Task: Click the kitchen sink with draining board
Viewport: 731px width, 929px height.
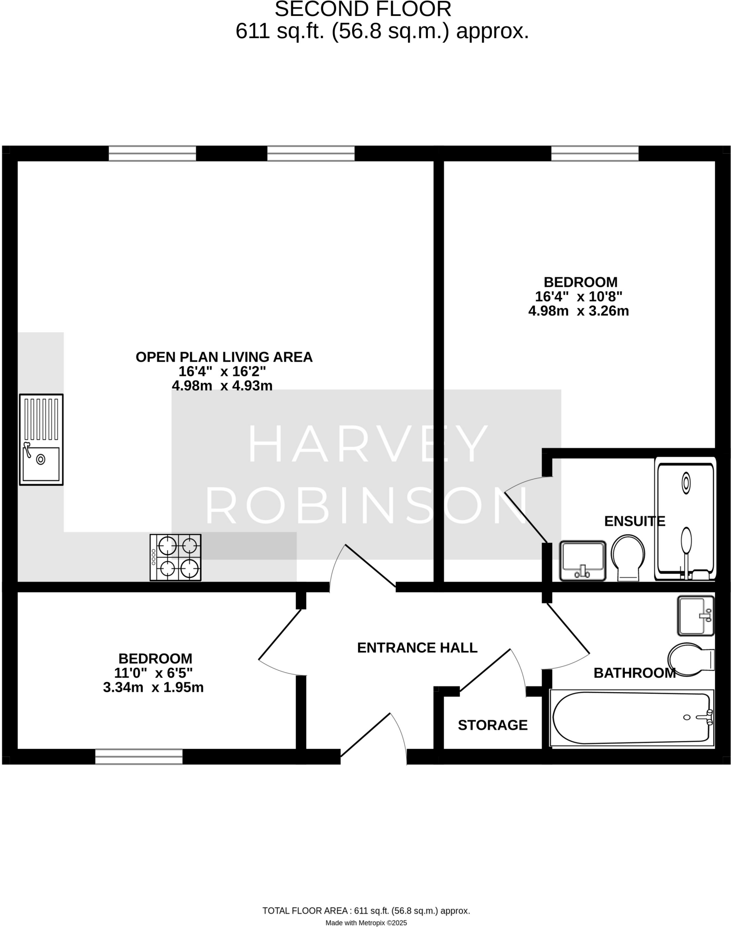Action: click(x=41, y=439)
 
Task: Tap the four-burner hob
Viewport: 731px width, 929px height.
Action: click(x=175, y=557)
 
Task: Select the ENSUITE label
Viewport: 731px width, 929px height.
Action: click(x=634, y=521)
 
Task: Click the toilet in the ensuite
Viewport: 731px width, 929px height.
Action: click(x=628, y=557)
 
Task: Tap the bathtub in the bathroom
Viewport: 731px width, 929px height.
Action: click(x=631, y=718)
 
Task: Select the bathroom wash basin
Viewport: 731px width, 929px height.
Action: click(x=695, y=616)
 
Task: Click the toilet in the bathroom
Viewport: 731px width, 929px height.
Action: click(x=690, y=659)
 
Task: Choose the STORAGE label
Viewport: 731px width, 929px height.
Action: click(x=492, y=725)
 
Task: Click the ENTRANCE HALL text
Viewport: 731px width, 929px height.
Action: click(x=417, y=647)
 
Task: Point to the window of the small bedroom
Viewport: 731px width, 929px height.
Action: click(x=139, y=756)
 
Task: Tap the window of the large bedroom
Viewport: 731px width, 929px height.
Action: click(x=594, y=153)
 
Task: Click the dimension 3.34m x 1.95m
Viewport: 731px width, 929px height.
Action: click(x=153, y=687)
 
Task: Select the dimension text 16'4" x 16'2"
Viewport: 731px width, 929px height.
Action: click(x=222, y=371)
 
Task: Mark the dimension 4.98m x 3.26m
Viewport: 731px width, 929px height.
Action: click(x=578, y=311)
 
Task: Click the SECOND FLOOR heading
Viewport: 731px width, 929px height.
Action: click(x=363, y=9)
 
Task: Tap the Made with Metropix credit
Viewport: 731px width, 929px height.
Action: click(x=366, y=922)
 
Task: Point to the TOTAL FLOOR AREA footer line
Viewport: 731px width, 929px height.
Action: click(x=366, y=910)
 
